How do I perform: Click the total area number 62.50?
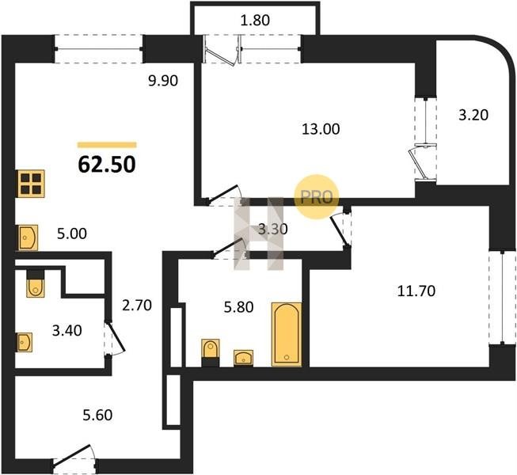(x=107, y=164)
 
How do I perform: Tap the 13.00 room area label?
(x=321, y=129)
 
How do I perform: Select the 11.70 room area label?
(x=416, y=291)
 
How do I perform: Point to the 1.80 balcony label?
(x=256, y=20)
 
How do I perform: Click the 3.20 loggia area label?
(x=473, y=115)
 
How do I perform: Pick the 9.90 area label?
(x=163, y=81)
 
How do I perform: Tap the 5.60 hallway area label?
(x=97, y=415)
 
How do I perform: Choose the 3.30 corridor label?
(x=272, y=229)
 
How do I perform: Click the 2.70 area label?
(x=137, y=306)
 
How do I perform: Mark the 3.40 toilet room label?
(x=67, y=331)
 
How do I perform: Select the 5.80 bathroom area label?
(x=239, y=307)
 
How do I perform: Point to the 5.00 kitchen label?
(x=72, y=234)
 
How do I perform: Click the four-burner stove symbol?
(x=31, y=184)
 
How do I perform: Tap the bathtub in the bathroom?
(x=287, y=334)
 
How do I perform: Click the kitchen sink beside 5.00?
(x=28, y=237)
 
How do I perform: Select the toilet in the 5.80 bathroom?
(x=211, y=353)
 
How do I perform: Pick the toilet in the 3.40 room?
(x=36, y=283)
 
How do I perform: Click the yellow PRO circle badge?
(x=316, y=197)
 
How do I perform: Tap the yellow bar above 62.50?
(x=107, y=145)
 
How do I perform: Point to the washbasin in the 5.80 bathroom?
(x=243, y=358)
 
